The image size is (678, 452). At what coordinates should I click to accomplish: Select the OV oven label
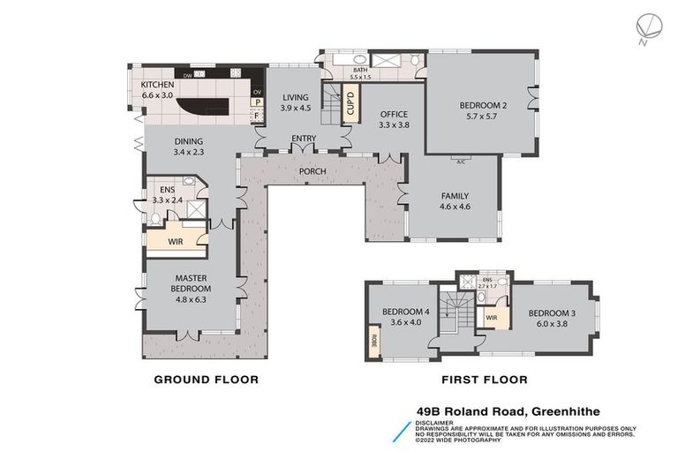(258, 92)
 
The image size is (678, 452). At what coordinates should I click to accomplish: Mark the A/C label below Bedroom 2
(461, 161)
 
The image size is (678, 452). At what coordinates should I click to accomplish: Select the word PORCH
(313, 170)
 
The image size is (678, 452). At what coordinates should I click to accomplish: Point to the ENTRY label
(304, 139)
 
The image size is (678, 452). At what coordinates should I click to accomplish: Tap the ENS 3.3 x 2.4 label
(165, 194)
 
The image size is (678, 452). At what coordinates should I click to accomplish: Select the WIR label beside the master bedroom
(177, 240)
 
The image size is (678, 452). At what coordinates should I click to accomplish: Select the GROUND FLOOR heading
(207, 380)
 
